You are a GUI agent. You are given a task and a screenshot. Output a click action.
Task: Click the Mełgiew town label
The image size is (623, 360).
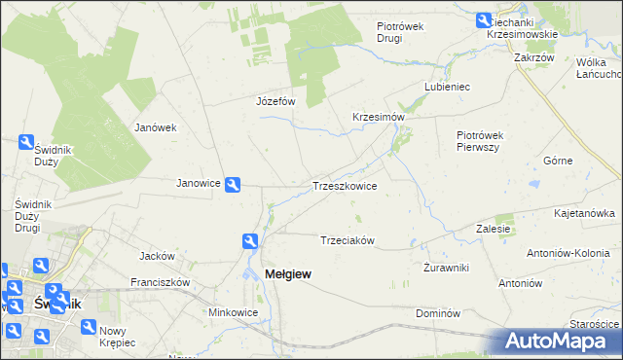coord(288,275)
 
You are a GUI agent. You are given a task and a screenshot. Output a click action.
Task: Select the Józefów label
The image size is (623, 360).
coord(275,101)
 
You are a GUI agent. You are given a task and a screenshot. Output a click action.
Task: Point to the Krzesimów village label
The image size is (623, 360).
coord(378,117)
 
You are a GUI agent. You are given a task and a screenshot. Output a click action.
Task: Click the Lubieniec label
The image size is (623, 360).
coord(447,87)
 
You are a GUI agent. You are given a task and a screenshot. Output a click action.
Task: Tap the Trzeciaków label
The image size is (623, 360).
coord(348,239)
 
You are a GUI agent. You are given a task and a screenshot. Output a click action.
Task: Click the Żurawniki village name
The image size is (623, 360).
coord(447,267)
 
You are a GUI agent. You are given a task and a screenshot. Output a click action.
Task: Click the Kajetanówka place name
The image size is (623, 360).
coord(584,213)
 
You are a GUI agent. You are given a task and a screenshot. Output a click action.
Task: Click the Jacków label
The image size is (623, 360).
coord(157,257)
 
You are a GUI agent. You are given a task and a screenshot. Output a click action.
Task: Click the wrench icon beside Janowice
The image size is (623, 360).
coord(233,184)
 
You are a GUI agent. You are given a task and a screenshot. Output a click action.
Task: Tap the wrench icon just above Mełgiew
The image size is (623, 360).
coord(250,242)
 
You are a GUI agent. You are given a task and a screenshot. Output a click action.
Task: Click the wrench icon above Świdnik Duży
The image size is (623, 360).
coord(26,142)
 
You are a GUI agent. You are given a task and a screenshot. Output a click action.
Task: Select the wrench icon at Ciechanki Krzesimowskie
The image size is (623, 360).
coord(484,19)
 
